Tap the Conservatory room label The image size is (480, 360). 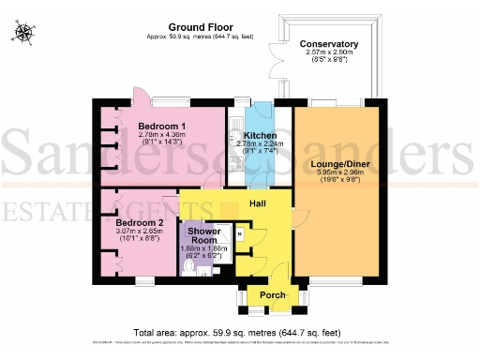[x=329, y=44]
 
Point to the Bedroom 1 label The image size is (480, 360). [x=162, y=126]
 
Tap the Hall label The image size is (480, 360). [x=260, y=203]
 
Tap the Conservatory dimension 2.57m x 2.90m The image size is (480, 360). [x=329, y=53]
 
